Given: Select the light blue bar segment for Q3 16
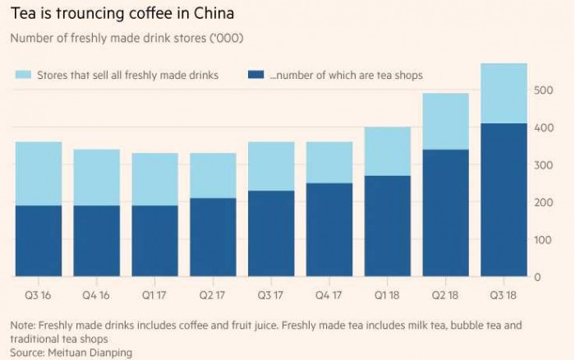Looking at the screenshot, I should coord(39,173).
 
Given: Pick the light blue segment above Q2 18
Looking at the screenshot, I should coord(445,121).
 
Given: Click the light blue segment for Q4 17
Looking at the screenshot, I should coord(329,162).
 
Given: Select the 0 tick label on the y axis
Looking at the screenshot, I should coord(537,278).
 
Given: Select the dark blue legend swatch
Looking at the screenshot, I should coord(256,76).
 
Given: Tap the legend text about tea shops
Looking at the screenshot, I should coord(346,76).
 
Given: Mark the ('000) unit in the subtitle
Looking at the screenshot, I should coord(226,39).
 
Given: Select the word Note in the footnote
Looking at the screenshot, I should coord(22,325).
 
